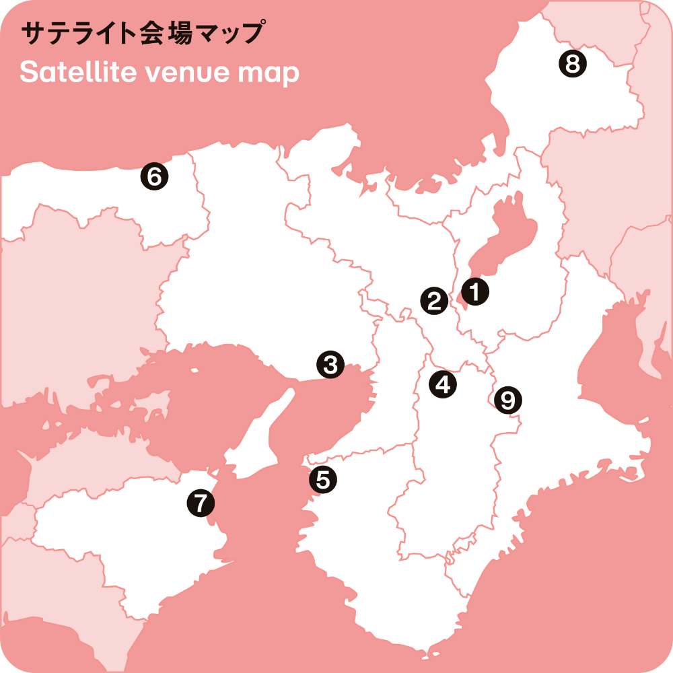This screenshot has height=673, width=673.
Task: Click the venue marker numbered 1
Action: [475, 292]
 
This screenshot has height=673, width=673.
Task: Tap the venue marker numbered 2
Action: [434, 300]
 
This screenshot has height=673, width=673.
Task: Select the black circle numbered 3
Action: [330, 365]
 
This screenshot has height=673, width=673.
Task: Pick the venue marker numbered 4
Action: [443, 384]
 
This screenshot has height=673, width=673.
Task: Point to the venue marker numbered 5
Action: [323, 480]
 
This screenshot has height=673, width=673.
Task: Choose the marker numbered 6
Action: [154, 177]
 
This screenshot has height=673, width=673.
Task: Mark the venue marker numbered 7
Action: [201, 502]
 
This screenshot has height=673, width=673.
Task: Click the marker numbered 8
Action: [573, 64]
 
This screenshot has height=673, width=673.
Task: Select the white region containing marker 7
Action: [135, 538]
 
